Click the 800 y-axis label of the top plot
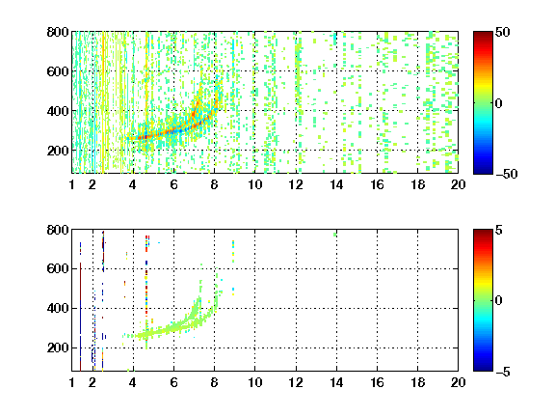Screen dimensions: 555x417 [x=58, y=32]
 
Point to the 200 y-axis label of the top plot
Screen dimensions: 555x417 [x=58, y=151]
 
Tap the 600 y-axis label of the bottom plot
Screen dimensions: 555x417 [x=58, y=268]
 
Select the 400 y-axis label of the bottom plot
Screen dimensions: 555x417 [x=58, y=308]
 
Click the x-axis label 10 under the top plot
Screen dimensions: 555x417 [x=254, y=184]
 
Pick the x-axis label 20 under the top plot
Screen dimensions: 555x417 [x=458, y=184]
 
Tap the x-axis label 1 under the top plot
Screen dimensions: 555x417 [x=72, y=184]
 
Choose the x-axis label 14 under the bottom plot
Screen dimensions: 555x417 [x=336, y=382]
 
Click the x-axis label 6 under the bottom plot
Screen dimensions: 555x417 [x=173, y=382]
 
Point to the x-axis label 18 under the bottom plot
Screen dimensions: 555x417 [x=417, y=382]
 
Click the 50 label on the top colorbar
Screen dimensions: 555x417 [x=503, y=32]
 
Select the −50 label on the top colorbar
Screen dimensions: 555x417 [x=506, y=174]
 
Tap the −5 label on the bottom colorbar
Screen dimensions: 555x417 [x=503, y=372]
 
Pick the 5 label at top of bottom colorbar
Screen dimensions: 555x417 [x=499, y=230]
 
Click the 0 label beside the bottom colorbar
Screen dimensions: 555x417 [x=499, y=301]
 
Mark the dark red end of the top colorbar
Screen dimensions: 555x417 [x=483, y=35]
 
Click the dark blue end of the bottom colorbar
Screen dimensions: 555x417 [x=483, y=368]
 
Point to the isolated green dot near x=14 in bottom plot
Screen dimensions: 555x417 [x=335, y=235]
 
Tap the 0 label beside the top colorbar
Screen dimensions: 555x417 [x=499, y=103]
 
